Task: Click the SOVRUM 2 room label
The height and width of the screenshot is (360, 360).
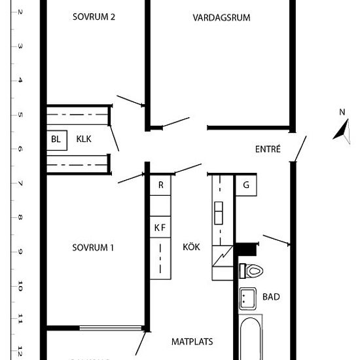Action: click(x=94, y=18)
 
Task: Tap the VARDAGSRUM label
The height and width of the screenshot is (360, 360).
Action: click(x=222, y=18)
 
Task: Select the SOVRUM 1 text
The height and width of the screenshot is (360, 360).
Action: click(x=93, y=247)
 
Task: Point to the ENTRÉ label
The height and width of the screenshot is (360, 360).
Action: click(x=268, y=149)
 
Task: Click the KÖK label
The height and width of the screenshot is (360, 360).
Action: click(x=192, y=247)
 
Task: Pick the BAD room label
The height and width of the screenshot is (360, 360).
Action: click(x=271, y=297)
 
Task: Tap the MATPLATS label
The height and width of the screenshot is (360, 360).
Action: click(x=192, y=342)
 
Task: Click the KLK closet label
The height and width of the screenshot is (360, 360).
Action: click(x=84, y=139)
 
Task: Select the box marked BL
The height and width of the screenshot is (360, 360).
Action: click(x=56, y=139)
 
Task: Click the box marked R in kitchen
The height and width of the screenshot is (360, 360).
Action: click(x=160, y=185)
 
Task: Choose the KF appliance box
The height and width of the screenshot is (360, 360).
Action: click(x=160, y=228)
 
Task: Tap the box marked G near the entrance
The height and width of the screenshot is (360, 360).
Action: click(x=246, y=185)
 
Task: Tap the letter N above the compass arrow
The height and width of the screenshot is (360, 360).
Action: click(x=342, y=112)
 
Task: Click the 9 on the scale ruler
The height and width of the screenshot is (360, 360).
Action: click(x=21, y=251)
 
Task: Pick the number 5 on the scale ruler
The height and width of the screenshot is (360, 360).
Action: click(x=21, y=115)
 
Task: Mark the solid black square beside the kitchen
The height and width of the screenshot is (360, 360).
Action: click(x=245, y=249)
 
